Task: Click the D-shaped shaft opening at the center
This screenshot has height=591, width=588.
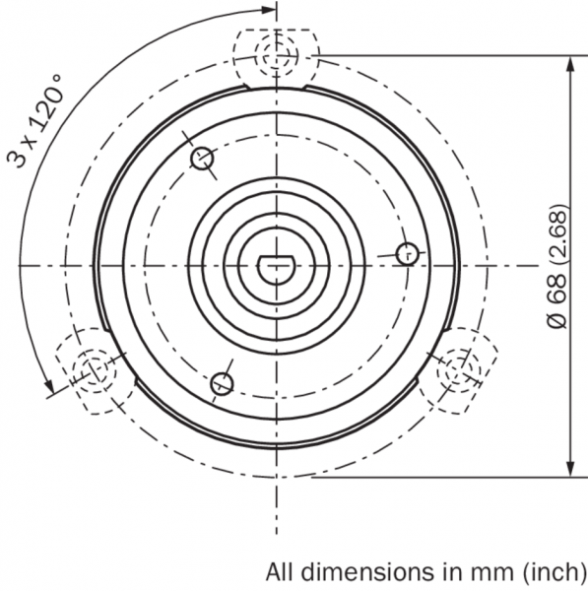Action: coord(277,269)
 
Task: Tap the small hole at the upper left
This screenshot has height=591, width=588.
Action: coord(203,159)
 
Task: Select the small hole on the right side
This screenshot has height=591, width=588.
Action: coord(408,254)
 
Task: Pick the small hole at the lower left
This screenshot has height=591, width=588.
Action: coord(222,384)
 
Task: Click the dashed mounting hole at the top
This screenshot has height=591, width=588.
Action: coord(277,56)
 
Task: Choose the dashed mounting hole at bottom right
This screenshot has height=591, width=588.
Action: coord(459,370)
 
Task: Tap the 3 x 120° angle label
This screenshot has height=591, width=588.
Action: coord(34,120)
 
